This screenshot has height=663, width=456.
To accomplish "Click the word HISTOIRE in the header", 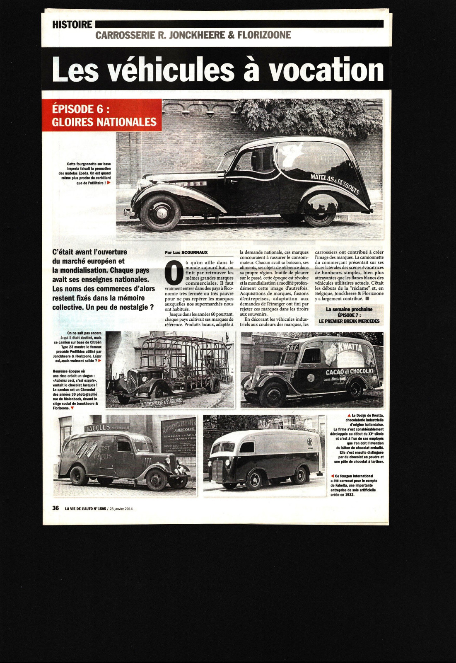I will (72, 24).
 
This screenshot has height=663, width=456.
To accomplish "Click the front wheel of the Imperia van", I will (156, 213).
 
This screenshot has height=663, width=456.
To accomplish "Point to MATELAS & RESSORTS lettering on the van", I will (335, 184).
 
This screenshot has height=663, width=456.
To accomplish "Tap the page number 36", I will (55, 508).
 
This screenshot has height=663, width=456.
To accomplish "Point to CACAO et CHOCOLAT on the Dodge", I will (349, 372).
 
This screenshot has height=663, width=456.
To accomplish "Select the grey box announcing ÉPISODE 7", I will (349, 315).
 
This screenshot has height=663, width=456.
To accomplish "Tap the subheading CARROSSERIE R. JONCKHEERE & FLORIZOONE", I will (193, 35).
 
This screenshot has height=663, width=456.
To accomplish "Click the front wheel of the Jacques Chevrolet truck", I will (156, 479).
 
